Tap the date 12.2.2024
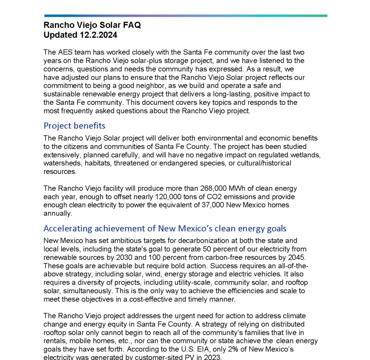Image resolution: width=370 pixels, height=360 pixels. click(98, 35)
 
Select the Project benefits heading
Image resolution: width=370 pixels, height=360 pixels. click(75, 125)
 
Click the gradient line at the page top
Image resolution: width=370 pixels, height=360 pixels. click(185, 16)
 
